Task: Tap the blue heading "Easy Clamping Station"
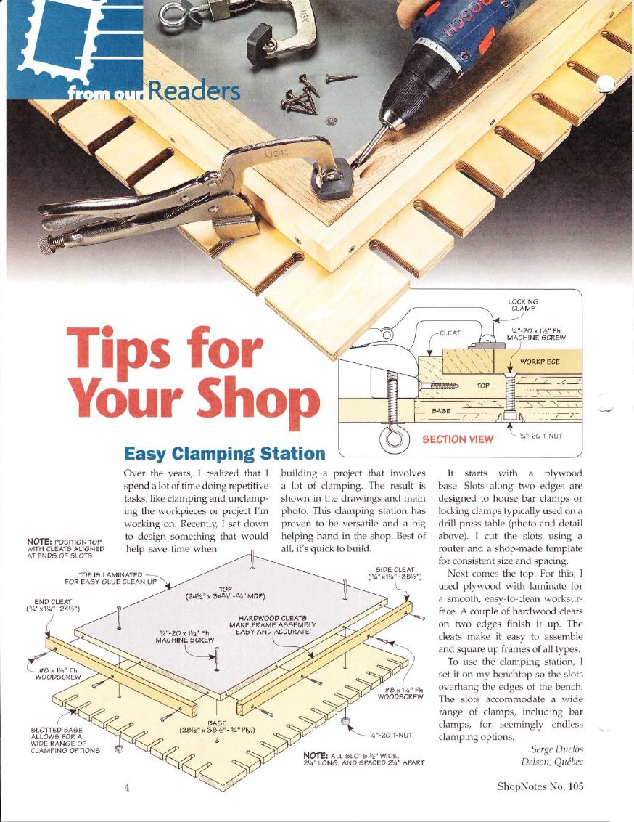(225, 453)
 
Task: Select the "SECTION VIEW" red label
(458, 439)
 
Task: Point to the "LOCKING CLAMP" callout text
(523, 305)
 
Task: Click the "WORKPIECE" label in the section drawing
(540, 362)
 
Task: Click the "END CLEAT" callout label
(53, 605)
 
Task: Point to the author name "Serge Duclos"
(557, 749)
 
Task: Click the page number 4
(127, 786)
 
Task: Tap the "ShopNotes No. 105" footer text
(540, 786)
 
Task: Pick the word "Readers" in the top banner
(194, 91)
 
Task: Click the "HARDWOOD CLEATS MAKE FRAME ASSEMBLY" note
(273, 625)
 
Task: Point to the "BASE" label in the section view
(441, 411)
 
